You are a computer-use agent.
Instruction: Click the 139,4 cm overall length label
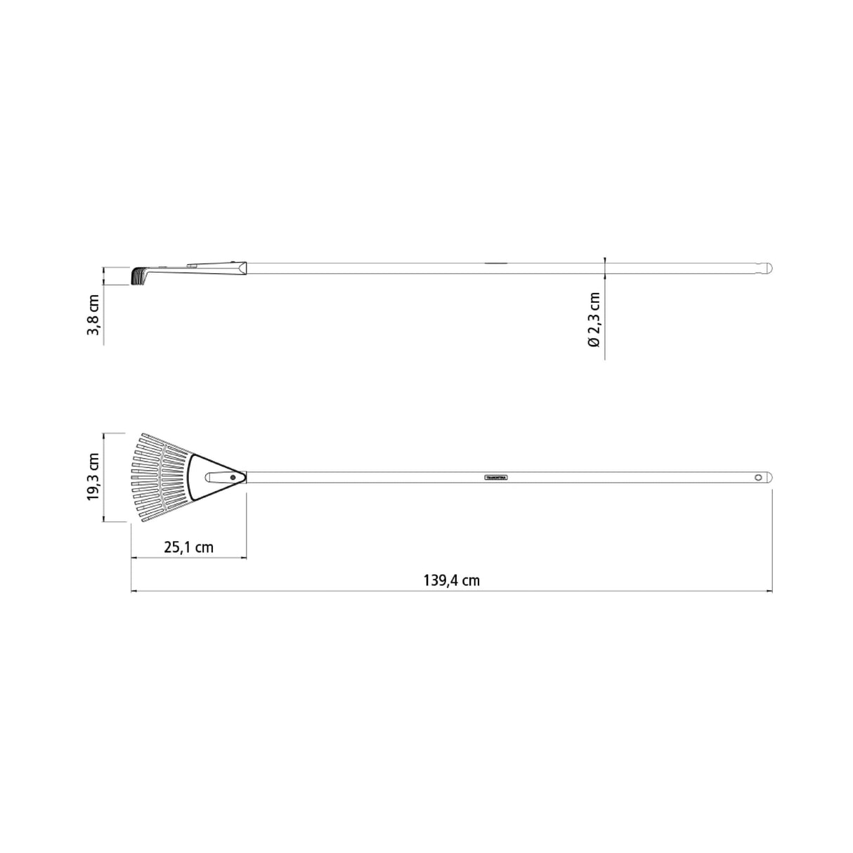coord(451,580)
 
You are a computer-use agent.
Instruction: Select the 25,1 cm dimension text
coord(188,547)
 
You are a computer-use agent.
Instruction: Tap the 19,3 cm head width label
coord(93,477)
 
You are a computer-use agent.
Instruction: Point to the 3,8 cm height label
coord(93,315)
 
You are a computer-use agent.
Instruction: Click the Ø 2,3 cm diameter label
coord(594,320)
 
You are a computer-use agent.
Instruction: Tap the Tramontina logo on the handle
coord(496,477)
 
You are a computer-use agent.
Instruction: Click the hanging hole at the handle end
coord(758,477)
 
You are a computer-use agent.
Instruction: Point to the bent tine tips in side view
coord(136,275)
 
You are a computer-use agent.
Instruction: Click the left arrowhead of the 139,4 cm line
coord(134,591)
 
